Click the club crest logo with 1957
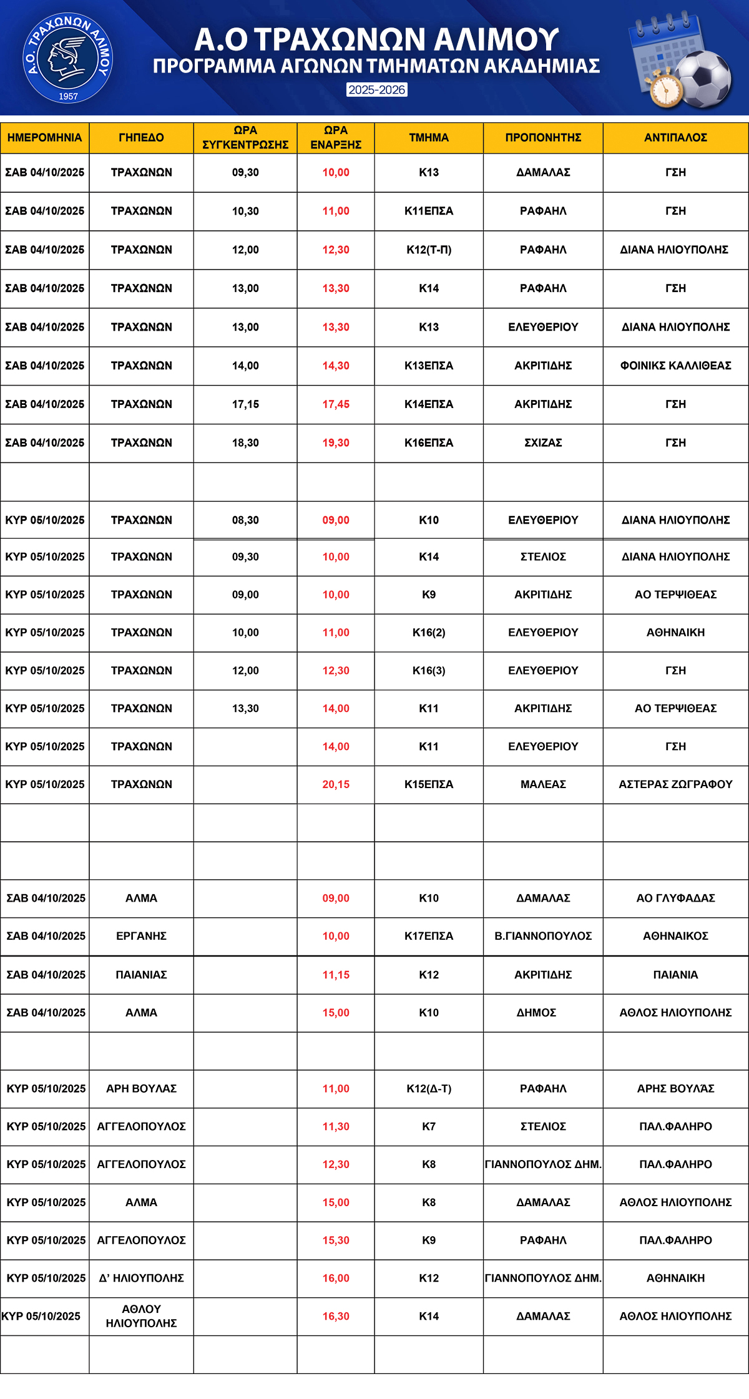coord(67,59)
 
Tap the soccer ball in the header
coord(705,78)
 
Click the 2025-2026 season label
coord(377,90)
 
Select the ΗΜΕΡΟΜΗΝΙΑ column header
coord(44,138)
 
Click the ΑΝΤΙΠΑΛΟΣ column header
coord(675,138)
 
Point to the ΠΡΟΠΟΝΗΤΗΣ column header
coord(543,138)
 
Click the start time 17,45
coord(336,404)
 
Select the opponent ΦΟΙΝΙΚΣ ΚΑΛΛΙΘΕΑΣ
coord(675,366)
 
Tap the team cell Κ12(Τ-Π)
coord(429,250)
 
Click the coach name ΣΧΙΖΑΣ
coord(543,443)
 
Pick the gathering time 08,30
coord(245,520)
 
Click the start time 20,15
coord(336,784)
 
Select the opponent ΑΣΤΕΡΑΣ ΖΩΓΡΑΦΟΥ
coord(675,784)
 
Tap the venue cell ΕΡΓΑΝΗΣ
coord(141,936)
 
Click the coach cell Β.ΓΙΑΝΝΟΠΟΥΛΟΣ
coord(543,936)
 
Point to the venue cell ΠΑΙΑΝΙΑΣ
coord(141,975)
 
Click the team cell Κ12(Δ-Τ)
coord(429,1089)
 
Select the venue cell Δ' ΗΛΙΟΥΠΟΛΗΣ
coord(141,1279)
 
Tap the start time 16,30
coord(336,1317)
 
